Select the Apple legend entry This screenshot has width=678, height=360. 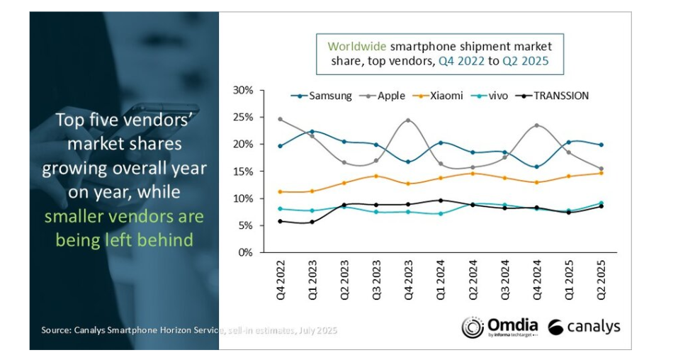391,96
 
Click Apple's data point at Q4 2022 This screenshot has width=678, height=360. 281,119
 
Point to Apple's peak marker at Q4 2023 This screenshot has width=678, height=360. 408,120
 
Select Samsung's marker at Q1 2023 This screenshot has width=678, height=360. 312,132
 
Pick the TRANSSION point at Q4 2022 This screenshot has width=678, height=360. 281,221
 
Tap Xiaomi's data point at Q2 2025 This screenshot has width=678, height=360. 601,173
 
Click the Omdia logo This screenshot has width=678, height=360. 499,326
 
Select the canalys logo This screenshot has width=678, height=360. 584,326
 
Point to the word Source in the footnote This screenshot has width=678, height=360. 57,330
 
